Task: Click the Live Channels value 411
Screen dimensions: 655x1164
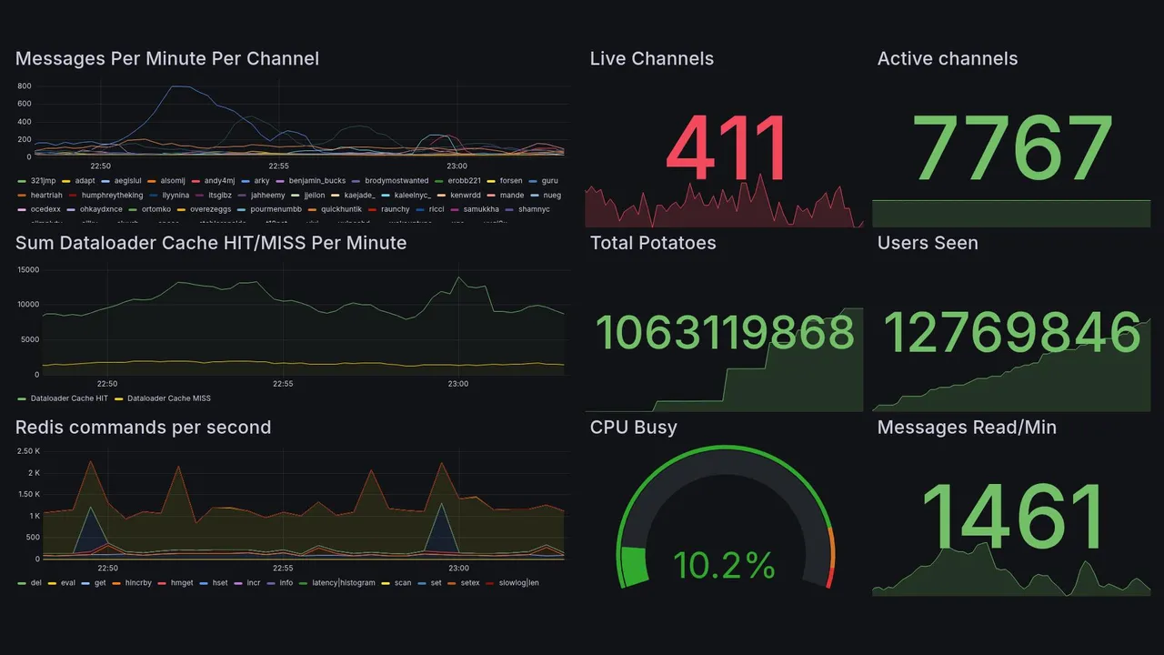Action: [726, 149]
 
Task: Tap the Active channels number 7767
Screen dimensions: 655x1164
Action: [1012, 149]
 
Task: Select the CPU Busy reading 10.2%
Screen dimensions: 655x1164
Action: [724, 566]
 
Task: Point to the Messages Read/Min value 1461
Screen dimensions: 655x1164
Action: [1012, 515]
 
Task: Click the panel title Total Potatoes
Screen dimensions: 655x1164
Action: [653, 243]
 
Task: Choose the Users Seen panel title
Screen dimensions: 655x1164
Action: [928, 243]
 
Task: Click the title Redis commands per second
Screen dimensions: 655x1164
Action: [143, 428]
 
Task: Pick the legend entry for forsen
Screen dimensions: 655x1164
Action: [511, 181]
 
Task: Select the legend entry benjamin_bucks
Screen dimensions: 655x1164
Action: [316, 181]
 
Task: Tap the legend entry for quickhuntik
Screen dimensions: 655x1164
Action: [346, 209]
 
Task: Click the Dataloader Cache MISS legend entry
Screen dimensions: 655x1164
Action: [168, 398]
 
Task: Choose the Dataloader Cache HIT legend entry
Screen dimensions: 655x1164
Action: [68, 398]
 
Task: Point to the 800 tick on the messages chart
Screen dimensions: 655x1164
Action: [25, 86]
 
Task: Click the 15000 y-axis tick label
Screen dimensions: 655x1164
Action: [28, 269]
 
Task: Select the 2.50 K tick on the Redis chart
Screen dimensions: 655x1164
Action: [28, 451]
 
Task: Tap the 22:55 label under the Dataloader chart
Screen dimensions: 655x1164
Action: [283, 384]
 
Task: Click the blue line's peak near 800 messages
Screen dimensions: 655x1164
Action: [178, 86]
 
